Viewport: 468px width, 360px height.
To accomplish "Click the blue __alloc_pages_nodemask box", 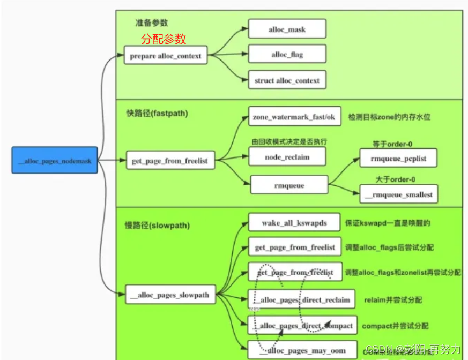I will tap(55, 160).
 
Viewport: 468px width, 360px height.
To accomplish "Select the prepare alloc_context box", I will tap(165, 55).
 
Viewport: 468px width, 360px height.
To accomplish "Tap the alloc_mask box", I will tap(287, 29).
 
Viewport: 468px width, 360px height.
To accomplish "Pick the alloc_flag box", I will tap(287, 55).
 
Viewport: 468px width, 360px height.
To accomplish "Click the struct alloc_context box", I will tap(287, 80).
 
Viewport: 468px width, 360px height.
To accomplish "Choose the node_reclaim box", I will tap(287, 157).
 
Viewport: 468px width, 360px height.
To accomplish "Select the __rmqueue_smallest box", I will tap(398, 194).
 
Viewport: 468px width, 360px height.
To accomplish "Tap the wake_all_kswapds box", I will tap(294, 222).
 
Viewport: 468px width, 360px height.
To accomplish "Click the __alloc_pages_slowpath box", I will tap(169, 295).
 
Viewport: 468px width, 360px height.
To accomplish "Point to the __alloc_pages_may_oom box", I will tap(302, 350).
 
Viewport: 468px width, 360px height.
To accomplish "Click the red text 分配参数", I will tap(164, 39).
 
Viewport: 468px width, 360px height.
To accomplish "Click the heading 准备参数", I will tap(151, 22).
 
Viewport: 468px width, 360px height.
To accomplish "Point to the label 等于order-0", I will tap(392, 144).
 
